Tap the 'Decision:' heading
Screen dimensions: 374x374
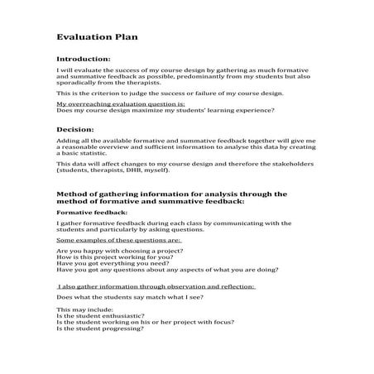tap(74, 131)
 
